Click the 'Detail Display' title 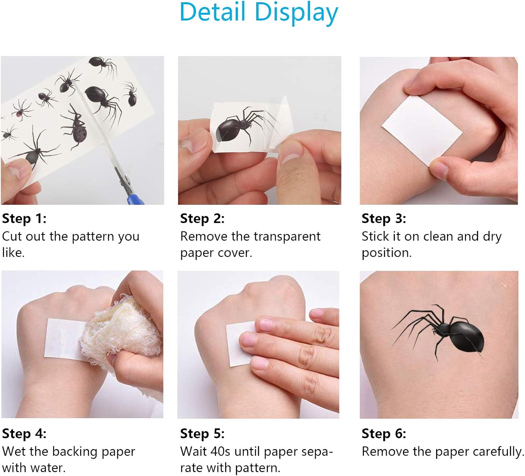(259, 13)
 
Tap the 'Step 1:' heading (24, 219)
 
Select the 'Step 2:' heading (202, 219)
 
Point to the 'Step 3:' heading (384, 219)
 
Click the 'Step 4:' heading (24, 434)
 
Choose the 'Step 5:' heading (202, 434)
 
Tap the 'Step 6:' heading (384, 434)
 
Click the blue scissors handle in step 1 (135, 199)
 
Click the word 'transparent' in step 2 (287, 237)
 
